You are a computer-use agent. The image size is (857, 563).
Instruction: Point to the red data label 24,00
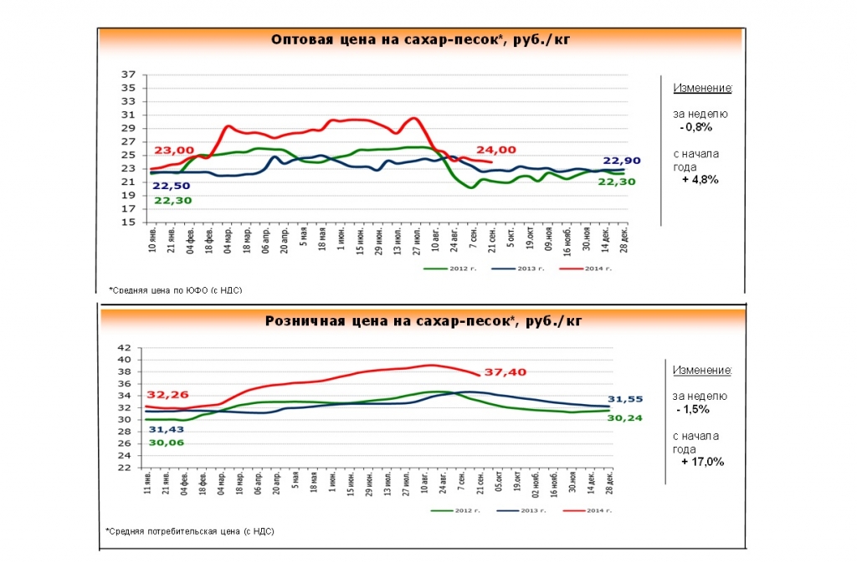[496, 149]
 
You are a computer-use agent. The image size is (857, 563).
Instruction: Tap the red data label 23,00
[173, 150]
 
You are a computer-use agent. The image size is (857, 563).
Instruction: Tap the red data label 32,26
[167, 394]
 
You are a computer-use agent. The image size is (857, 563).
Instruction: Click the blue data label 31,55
[624, 398]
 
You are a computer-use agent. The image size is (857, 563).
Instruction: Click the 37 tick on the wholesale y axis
[129, 74]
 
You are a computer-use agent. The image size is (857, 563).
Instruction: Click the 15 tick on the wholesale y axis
[129, 222]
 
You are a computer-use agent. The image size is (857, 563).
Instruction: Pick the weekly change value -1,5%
[695, 409]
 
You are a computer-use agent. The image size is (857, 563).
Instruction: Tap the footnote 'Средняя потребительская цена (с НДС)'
[190, 531]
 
